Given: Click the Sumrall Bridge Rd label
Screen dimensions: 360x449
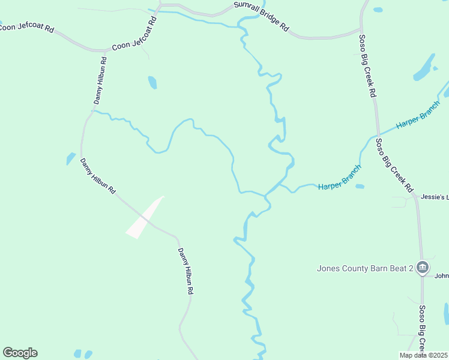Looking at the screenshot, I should [x=261, y=17].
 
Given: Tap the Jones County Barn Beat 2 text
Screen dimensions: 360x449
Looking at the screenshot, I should [x=365, y=268].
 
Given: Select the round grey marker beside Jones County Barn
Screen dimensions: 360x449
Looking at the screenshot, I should [x=422, y=267].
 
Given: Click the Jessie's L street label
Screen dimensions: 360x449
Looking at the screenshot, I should [x=435, y=196].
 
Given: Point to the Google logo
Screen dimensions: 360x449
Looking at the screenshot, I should [x=20, y=353].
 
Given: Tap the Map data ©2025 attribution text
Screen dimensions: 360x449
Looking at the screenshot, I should [x=424, y=355].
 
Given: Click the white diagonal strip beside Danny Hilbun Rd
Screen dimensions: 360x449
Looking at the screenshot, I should [x=145, y=217].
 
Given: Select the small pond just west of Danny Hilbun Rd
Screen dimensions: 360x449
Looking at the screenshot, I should [x=71, y=158].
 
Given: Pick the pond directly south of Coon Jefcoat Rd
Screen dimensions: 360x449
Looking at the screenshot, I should [x=152, y=82].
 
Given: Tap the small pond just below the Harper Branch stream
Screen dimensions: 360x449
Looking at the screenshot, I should [x=360, y=187].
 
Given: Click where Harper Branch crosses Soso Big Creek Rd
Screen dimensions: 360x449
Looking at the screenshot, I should [x=378, y=135].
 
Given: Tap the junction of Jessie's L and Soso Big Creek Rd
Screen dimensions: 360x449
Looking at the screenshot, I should [x=416, y=196].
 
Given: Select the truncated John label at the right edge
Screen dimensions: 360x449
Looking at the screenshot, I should [x=442, y=276].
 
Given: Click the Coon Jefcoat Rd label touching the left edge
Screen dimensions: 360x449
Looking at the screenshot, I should [x=27, y=28].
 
